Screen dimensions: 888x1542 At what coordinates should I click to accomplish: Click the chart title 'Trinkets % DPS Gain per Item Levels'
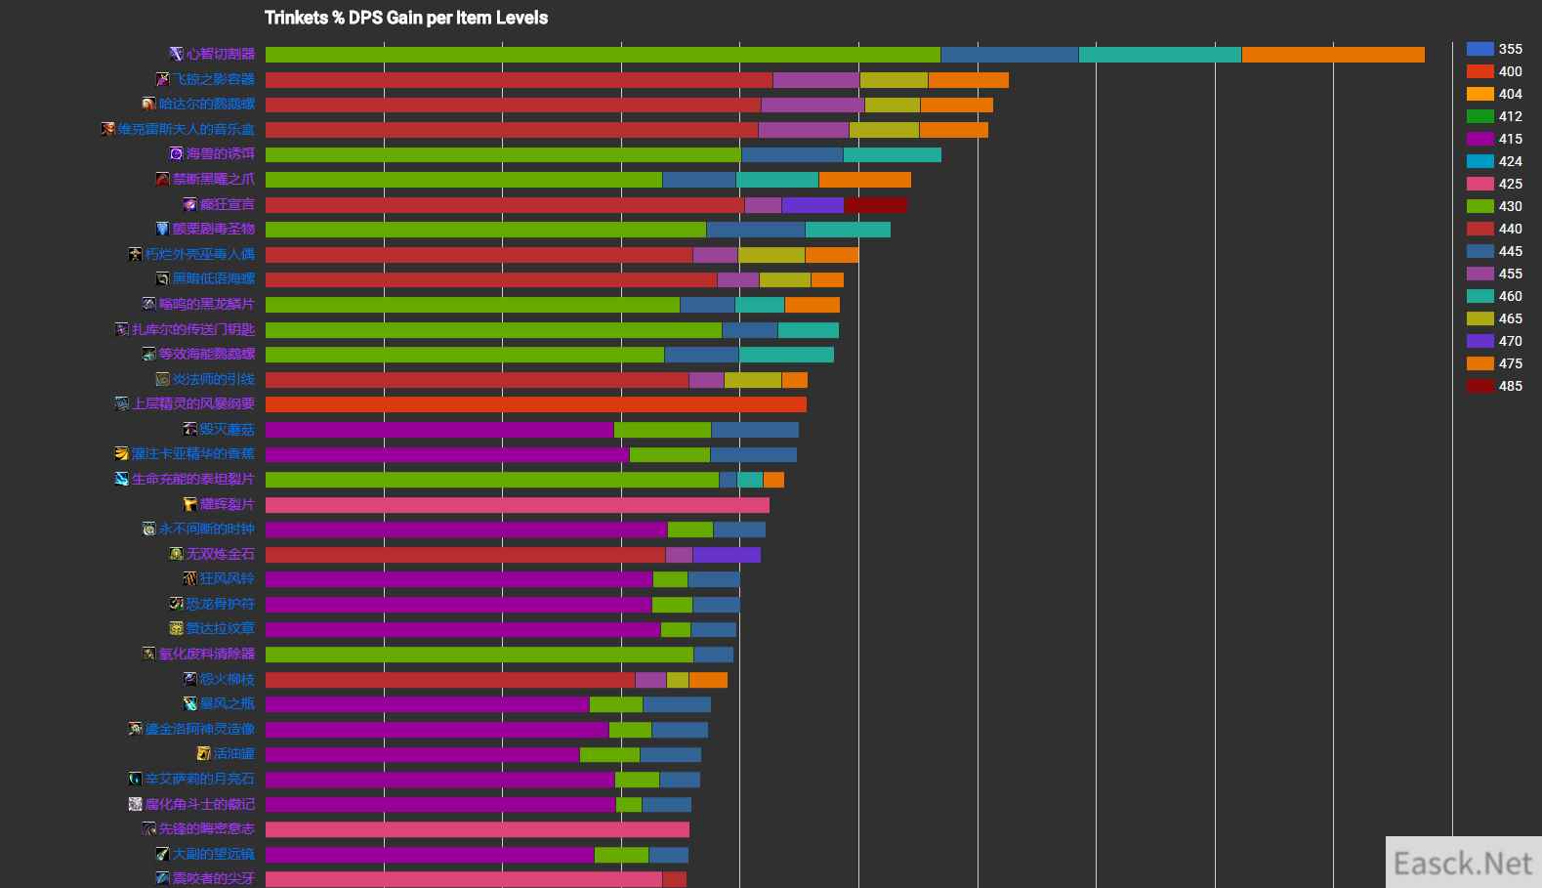[405, 18]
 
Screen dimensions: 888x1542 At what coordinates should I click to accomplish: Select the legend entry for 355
[1494, 49]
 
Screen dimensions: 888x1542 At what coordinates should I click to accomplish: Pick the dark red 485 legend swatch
[1480, 386]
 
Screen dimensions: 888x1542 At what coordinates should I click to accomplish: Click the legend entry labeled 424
[1494, 161]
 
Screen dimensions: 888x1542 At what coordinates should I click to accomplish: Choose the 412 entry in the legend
[1494, 116]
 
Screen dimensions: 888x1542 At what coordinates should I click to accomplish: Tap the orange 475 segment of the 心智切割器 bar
[1332, 55]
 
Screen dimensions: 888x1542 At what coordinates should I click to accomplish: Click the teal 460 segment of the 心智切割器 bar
[1159, 55]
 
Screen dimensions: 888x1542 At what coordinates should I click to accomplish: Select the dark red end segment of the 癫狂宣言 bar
[875, 205]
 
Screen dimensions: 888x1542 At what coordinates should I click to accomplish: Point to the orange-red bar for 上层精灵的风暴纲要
[535, 404]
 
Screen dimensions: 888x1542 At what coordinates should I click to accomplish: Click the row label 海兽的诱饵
[220, 153]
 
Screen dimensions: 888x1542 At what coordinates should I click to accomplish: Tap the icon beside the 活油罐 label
[203, 753]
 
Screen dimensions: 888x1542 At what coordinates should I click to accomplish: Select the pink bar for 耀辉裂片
[517, 505]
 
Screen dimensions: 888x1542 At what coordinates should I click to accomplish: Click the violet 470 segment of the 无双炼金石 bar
[726, 555]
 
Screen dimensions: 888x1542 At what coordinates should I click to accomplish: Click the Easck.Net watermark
[1462, 864]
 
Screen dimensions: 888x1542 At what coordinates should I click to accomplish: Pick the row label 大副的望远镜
[213, 854]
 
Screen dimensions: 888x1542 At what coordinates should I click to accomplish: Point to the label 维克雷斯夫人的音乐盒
[186, 129]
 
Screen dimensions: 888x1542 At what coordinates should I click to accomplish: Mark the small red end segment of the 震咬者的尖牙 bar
[674, 879]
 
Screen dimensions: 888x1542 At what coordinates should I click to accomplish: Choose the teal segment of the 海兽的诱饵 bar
[892, 154]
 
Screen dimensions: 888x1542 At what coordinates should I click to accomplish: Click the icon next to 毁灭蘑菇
[189, 429]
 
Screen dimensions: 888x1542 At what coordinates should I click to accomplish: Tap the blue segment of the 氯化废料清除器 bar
[713, 655]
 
